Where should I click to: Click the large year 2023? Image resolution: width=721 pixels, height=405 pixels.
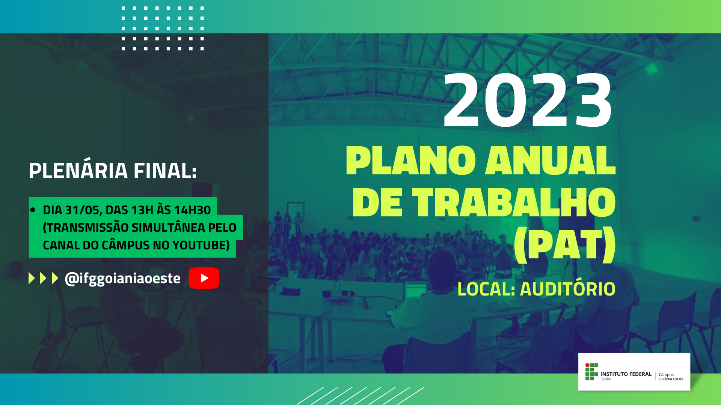[x=528, y=100]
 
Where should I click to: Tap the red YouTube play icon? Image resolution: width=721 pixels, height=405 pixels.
[x=204, y=278]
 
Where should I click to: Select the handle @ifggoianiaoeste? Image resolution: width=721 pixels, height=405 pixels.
[x=122, y=279]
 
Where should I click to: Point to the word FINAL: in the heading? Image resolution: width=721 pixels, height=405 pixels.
[x=165, y=171]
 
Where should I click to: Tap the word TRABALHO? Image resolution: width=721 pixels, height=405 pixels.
[x=514, y=202]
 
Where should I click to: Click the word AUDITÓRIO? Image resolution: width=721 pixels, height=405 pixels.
[x=568, y=289]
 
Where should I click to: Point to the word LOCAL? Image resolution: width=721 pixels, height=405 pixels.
[x=486, y=289]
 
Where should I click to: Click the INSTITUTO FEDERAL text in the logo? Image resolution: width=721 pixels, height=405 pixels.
[x=626, y=374]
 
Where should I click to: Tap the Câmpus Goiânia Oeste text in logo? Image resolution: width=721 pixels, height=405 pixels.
[x=671, y=376]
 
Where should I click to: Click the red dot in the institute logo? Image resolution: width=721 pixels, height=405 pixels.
[x=587, y=365]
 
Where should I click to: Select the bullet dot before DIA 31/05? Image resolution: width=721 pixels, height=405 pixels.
[x=33, y=210]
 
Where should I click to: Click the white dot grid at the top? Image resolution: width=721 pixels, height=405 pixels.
[x=163, y=28]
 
